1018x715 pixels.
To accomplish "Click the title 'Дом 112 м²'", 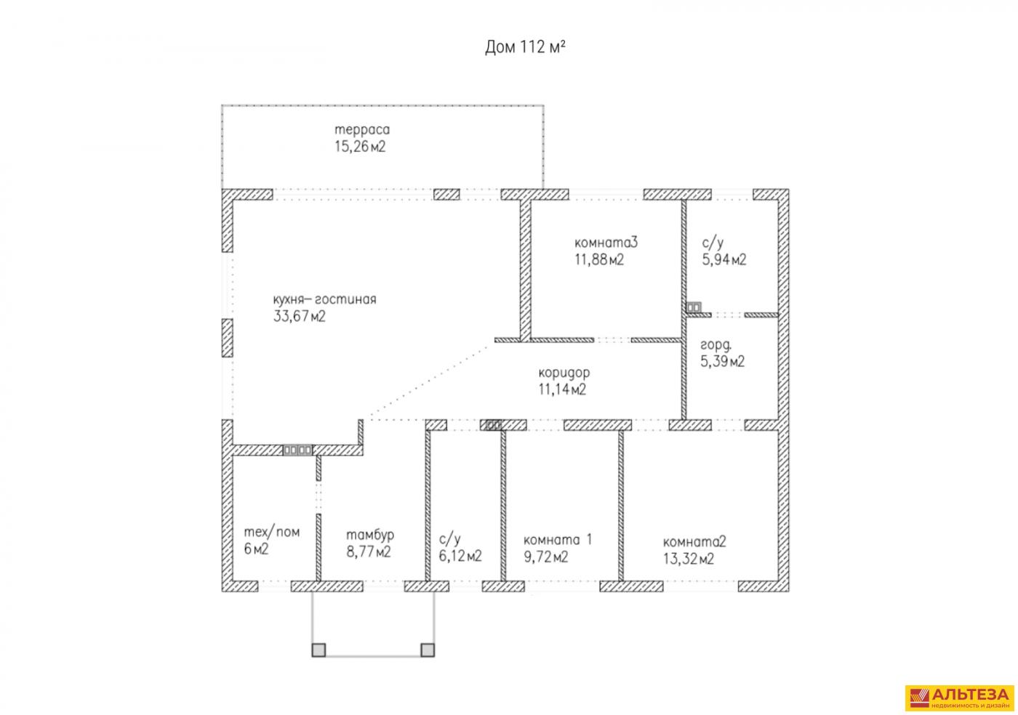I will [x=525, y=47].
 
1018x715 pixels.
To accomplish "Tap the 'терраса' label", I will [x=362, y=130].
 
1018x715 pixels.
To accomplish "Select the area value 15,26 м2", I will [x=359, y=147].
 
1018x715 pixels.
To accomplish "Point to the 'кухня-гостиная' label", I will [x=324, y=299].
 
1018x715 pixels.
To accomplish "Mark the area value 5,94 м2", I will [x=724, y=259].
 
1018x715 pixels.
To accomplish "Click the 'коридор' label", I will [x=564, y=372].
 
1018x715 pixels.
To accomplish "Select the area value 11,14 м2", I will [x=562, y=389].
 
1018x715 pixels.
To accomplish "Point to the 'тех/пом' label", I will [x=271, y=532].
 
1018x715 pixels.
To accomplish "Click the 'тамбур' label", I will [x=370, y=535].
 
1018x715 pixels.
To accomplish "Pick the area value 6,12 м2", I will [x=460, y=557].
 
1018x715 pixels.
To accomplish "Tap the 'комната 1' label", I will [x=558, y=540].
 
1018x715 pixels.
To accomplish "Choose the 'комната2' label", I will [x=694, y=541].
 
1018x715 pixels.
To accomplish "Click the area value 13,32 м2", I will [x=688, y=559].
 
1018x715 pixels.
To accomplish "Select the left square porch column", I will [x=318, y=650].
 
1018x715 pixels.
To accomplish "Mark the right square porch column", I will [x=428, y=650].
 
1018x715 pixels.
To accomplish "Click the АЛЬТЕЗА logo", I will [x=958, y=698].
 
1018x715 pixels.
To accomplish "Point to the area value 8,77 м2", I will [x=369, y=552].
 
